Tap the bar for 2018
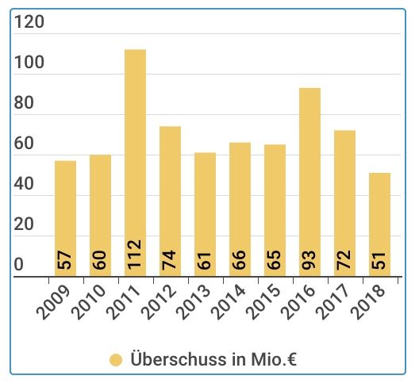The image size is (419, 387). tap(379, 222)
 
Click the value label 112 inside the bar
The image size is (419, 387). tap(136, 255)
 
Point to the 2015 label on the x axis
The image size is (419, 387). tap(265, 302)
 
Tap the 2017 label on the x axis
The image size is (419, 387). tap(335, 302)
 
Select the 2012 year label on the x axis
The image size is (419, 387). tap(160, 302)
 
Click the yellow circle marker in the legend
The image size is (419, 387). tap(116, 360)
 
